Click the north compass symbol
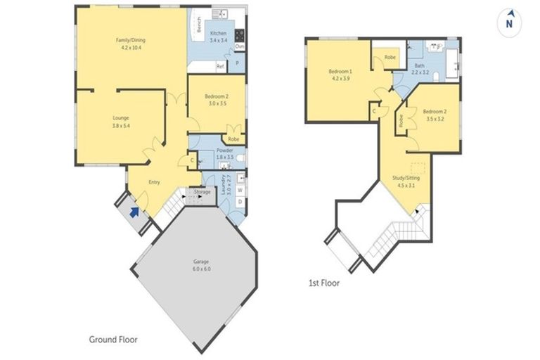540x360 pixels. (x=508, y=22)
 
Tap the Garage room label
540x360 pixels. (x=201, y=265)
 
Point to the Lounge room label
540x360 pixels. (x=121, y=122)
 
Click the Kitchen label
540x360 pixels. (x=218, y=37)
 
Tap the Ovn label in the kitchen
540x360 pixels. (x=239, y=46)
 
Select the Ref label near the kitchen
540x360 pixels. (x=220, y=66)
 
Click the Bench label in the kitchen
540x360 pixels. (x=200, y=25)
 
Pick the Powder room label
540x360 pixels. (x=225, y=153)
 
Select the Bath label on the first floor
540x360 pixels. (x=420, y=68)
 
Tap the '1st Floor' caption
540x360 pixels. (x=324, y=283)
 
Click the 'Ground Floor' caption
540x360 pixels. (x=113, y=340)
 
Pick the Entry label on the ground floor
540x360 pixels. (x=154, y=183)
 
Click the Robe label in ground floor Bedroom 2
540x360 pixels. (x=233, y=139)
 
